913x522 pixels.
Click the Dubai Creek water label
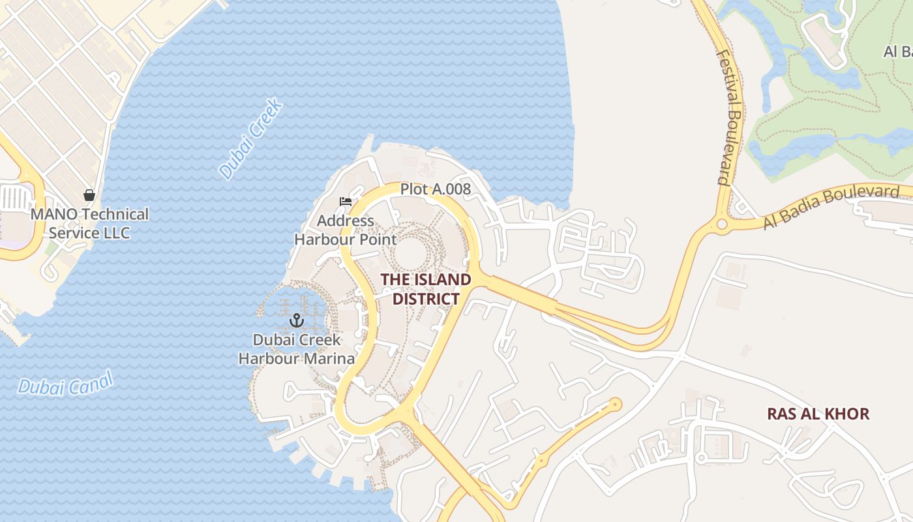(250, 139)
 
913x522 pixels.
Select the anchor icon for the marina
(297, 320)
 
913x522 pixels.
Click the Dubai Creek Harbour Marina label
(297, 349)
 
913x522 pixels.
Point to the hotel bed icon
(346, 202)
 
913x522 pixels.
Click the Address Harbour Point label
(346, 230)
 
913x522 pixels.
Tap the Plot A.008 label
(435, 189)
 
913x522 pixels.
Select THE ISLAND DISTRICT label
(426, 289)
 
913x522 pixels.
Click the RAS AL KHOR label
(818, 414)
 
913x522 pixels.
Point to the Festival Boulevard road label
(729, 117)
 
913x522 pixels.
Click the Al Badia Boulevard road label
(831, 207)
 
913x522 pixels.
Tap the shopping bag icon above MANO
(89, 195)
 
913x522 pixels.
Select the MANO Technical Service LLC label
(90, 223)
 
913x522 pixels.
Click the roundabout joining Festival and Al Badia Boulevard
(721, 224)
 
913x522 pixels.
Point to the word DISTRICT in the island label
(426, 299)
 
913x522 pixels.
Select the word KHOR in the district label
(846, 414)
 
